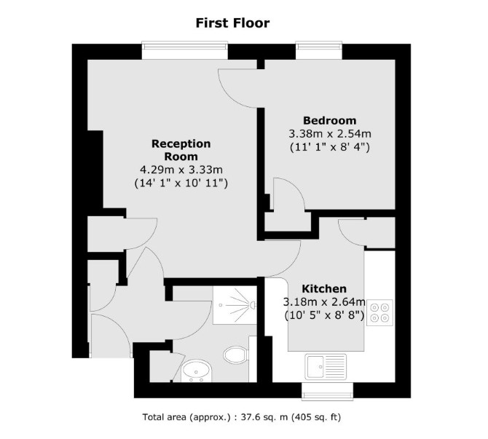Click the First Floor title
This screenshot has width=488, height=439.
tap(232, 23)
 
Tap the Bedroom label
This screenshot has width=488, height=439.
tap(330, 120)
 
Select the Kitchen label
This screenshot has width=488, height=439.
tap(324, 289)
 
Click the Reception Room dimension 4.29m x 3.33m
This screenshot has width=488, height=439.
tap(181, 170)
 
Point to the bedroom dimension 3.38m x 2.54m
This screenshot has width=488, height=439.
tap(330, 134)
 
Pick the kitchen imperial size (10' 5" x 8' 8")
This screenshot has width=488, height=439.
tap(324, 315)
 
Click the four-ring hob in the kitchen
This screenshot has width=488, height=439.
tap(379, 312)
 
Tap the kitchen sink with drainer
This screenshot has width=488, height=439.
tap(326, 366)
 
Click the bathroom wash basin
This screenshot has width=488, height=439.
tap(196, 371)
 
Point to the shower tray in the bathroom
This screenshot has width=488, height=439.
tap(235, 305)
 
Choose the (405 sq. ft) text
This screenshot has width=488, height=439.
tap(316, 417)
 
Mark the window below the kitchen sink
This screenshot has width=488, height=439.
tap(328, 392)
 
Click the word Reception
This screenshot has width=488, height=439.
tap(181, 143)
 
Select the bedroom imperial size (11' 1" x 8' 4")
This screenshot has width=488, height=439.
tap(330, 147)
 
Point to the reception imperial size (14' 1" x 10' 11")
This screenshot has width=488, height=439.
tap(181, 183)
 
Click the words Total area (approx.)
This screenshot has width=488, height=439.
tap(186, 417)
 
